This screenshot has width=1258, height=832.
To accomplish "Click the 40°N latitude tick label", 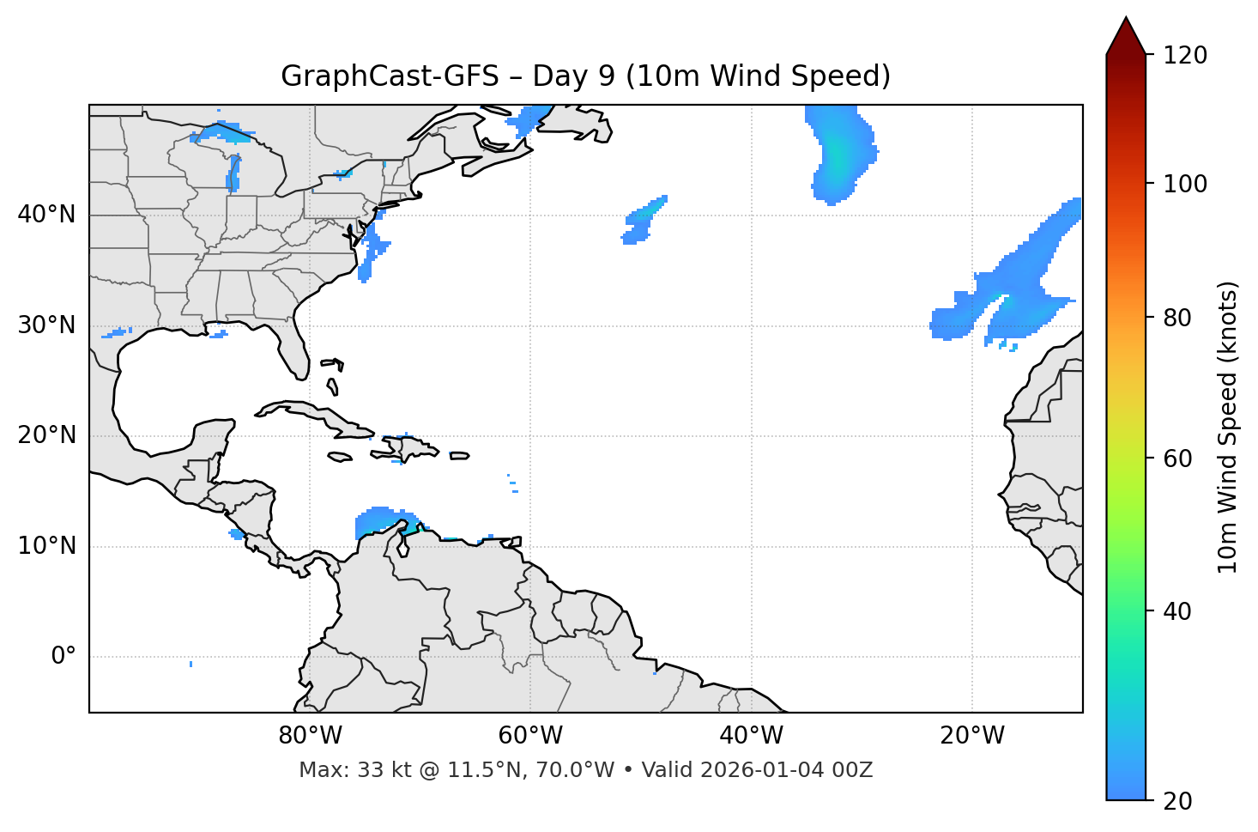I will pyautogui.click(x=46, y=215).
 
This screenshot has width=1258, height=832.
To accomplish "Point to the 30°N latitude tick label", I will pyautogui.click(x=46, y=325).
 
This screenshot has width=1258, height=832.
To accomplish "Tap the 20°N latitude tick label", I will pyautogui.click(x=46, y=435).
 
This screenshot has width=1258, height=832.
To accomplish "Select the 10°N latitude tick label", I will pyautogui.click(x=46, y=546).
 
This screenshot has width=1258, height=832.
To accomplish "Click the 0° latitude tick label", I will pyautogui.click(x=64, y=657).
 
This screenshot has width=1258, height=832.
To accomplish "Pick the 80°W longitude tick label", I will pyautogui.click(x=310, y=736).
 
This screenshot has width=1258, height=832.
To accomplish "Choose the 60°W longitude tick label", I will pyautogui.click(x=530, y=736).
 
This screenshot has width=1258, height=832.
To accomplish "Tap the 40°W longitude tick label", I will pyautogui.click(x=751, y=736).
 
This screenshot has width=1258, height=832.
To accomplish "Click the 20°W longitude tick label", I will pyautogui.click(x=971, y=736).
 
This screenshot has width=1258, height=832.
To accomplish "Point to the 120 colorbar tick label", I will pyautogui.click(x=1185, y=56).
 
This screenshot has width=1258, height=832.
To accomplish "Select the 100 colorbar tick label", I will pyautogui.click(x=1185, y=184).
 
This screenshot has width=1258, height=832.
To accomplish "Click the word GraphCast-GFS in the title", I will pyautogui.click(x=390, y=76).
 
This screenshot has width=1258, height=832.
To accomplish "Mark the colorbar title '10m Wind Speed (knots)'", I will pyautogui.click(x=1228, y=428).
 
